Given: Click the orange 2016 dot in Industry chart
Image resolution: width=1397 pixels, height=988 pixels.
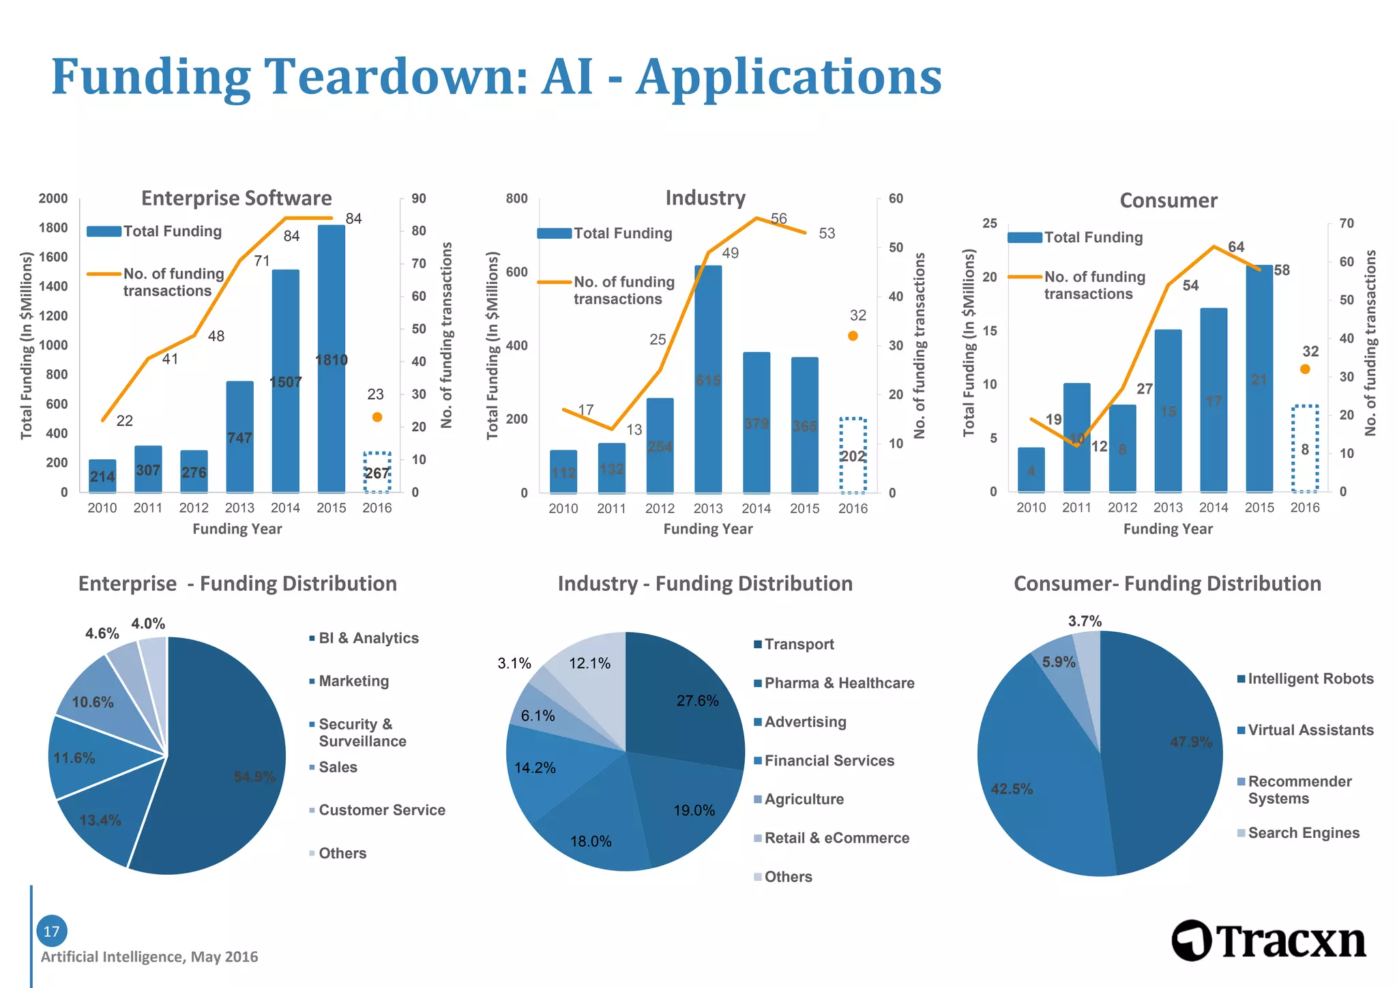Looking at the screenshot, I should pyautogui.click(x=853, y=336).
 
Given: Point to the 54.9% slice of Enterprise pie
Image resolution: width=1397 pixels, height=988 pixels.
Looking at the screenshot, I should pyautogui.click(x=225, y=764).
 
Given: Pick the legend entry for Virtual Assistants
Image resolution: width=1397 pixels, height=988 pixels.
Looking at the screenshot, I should pyautogui.click(x=1310, y=730).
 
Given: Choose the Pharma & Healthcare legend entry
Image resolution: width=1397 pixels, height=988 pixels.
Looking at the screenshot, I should pyautogui.click(x=839, y=683).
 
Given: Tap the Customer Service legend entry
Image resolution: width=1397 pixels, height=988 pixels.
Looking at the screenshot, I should pyautogui.click(x=381, y=810).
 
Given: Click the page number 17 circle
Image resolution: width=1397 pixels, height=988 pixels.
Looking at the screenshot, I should pyautogui.click(x=52, y=931).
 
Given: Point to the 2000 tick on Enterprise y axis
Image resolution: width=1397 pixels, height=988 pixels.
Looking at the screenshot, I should pyautogui.click(x=53, y=199).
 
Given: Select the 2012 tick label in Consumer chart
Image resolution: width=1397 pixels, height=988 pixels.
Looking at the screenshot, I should pyautogui.click(x=1122, y=508).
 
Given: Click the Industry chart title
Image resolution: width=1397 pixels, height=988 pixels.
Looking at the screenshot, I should pyautogui.click(x=705, y=198).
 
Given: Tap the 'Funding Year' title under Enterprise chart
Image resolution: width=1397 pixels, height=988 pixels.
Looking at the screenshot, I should pyautogui.click(x=237, y=529).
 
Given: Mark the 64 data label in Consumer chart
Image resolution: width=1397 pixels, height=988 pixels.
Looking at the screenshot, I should pyautogui.click(x=1236, y=247).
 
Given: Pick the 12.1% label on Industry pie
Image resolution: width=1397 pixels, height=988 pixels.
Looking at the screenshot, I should pyautogui.click(x=589, y=663).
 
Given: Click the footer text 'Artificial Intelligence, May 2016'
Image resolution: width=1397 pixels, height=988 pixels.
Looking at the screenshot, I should pyautogui.click(x=149, y=957).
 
